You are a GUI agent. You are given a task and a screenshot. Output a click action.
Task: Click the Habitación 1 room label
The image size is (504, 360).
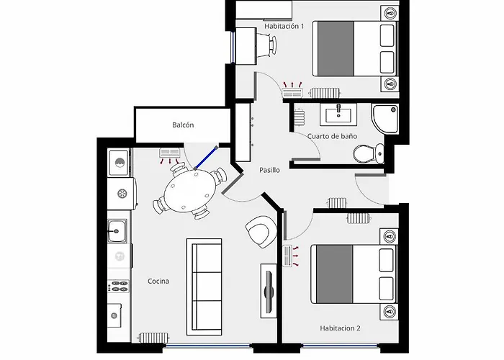tap(284, 27)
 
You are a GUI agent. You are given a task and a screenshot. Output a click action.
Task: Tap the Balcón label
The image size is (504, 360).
tap(183, 125)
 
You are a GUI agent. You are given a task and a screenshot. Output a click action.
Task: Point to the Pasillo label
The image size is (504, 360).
tap(269, 171)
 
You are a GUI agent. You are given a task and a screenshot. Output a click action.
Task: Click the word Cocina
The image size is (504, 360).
tap(158, 281)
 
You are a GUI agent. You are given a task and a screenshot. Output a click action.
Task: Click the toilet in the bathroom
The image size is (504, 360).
tap(368, 153)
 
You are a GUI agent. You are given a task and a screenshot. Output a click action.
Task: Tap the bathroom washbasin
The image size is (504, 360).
tap(338, 114)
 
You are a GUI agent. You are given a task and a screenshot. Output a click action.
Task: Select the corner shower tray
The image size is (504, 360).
tap(387, 117)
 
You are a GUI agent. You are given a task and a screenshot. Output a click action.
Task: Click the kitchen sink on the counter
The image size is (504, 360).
tap(117, 231)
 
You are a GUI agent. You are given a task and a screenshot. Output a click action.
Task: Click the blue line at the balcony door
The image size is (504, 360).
tap(206, 158)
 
